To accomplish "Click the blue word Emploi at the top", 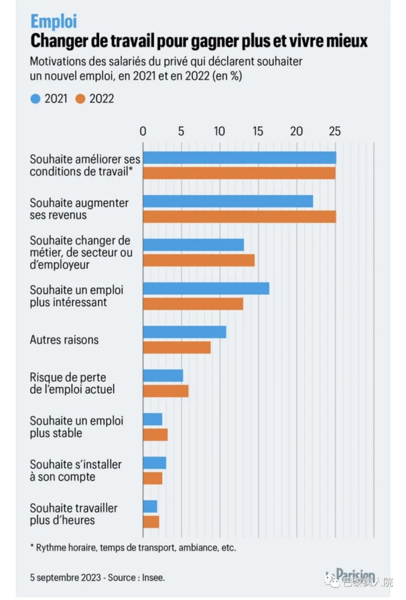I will point(54,21).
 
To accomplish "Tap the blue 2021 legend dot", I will point(35,99).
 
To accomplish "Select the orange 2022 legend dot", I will point(80,99).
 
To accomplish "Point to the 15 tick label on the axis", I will point(258,131).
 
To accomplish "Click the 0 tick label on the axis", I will point(143,131).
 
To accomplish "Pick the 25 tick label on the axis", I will point(335,131).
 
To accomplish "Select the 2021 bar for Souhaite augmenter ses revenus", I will point(228,201).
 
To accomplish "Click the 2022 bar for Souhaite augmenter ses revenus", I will point(239,217).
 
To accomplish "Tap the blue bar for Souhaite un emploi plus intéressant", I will point(206,288).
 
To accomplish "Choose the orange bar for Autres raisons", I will point(177,347).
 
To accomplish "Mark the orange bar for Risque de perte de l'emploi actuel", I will point(166,391).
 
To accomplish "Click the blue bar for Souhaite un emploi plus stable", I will point(153,419).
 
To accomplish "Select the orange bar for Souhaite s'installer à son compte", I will point(153,478).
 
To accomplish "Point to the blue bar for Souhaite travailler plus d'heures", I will point(150,506).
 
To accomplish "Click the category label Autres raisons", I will point(64,340).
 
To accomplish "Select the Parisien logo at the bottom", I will point(353,575).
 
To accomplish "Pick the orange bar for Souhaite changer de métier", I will point(198,260).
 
